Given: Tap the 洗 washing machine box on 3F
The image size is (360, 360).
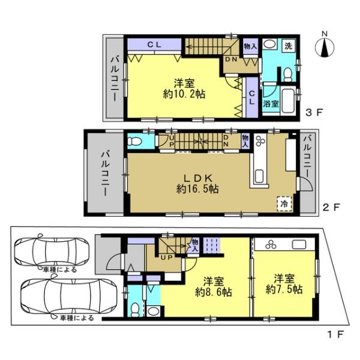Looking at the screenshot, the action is pyautogui.click(x=289, y=46).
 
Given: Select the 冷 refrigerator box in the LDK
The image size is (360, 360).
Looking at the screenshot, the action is pyautogui.click(x=284, y=203).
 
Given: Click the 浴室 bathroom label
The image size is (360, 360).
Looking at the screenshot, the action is pyautogui.click(x=271, y=104).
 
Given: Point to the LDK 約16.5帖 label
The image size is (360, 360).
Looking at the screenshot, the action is pyautogui.click(x=197, y=184).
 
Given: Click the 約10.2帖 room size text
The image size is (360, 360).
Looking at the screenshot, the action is pyautogui.click(x=184, y=94).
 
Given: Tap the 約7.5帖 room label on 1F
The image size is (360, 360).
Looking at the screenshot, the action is pyautogui.click(x=284, y=289).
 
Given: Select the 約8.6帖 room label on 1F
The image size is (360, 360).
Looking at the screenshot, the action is pyautogui.click(x=214, y=292).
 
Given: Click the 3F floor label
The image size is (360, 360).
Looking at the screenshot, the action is pyautogui.click(x=314, y=113).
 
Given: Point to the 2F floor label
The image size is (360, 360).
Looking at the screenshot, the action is pyautogui.click(x=331, y=208).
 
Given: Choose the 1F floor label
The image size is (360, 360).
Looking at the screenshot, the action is pyautogui.click(x=335, y=334).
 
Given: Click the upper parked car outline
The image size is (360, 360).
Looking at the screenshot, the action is pyautogui.click(x=52, y=252).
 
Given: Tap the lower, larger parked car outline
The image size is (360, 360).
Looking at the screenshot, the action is pyautogui.click(x=68, y=296).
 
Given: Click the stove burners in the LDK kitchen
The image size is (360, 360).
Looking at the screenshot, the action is pyautogui.click(x=260, y=141).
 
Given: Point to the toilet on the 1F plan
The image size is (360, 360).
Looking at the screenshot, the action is pyautogui.click(x=135, y=310).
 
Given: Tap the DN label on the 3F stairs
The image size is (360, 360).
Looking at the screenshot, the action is pyautogui.click(x=231, y=59).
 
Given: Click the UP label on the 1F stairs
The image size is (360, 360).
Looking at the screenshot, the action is pyautogui.click(x=166, y=257).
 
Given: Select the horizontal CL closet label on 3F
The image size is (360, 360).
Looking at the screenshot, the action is pyautogui.click(x=154, y=44).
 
